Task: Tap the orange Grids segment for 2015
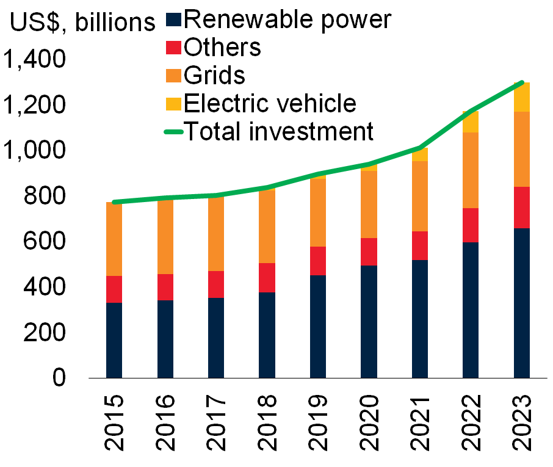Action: click(x=114, y=239)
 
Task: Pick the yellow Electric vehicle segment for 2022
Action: click(x=471, y=122)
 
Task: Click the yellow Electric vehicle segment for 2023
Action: click(x=521, y=97)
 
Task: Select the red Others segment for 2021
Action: click(x=419, y=245)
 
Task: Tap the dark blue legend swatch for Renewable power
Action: click(x=174, y=20)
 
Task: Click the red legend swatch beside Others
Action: click(x=174, y=48)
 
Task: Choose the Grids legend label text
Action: click(x=214, y=76)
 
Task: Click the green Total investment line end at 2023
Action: click(x=521, y=82)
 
